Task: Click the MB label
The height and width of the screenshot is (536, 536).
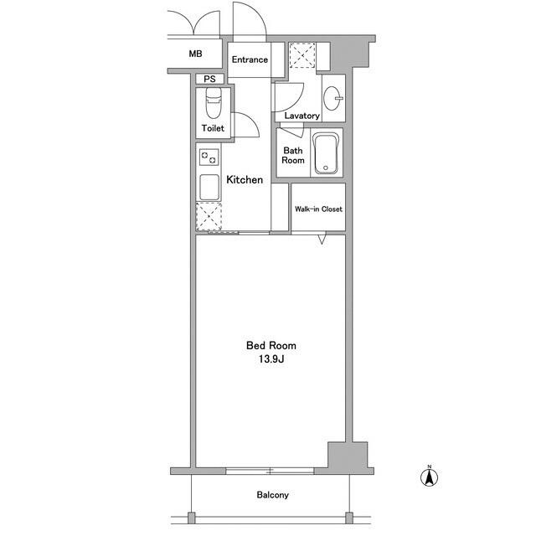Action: coord(195,54)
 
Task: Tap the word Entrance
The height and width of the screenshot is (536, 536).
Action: coord(249,59)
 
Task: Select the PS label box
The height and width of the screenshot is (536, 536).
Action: coord(208,80)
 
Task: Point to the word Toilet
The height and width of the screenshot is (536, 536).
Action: coord(212,128)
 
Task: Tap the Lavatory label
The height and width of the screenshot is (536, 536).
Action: coord(301,116)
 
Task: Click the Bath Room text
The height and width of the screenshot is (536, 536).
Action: coord(293,156)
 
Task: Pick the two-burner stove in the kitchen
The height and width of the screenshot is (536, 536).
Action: coord(209,156)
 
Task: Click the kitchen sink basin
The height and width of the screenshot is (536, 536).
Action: coord(209,185)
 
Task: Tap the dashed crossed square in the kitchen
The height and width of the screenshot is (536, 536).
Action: coord(209,215)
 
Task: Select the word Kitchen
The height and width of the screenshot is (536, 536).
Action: coord(245,179)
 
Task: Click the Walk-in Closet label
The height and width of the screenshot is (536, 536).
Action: coord(317,209)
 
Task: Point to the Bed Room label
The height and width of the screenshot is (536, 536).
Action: coord(271,345)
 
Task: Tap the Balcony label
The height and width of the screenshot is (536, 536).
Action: coord(272,495)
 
